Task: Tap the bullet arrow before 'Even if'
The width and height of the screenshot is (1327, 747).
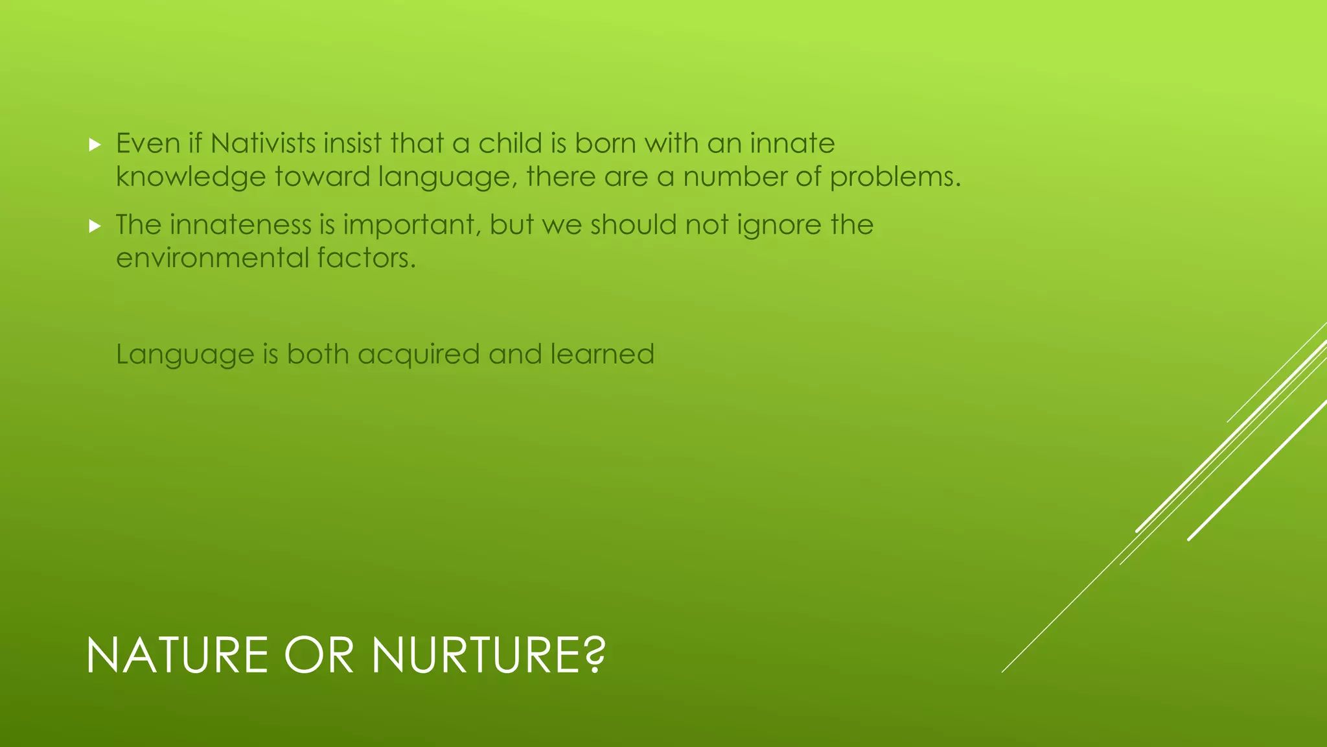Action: click(x=95, y=145)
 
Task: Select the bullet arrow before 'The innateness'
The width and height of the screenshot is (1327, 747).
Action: click(x=95, y=226)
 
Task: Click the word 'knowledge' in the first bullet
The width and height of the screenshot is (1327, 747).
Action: click(x=190, y=177)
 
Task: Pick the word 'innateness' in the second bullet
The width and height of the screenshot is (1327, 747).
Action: click(x=240, y=225)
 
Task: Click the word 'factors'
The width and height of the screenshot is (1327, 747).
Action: click(x=366, y=258)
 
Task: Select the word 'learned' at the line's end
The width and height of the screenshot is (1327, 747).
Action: click(x=602, y=355)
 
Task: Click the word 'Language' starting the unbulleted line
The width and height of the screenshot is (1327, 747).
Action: click(x=185, y=355)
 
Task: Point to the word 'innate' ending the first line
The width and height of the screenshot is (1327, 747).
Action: click(x=792, y=143)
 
